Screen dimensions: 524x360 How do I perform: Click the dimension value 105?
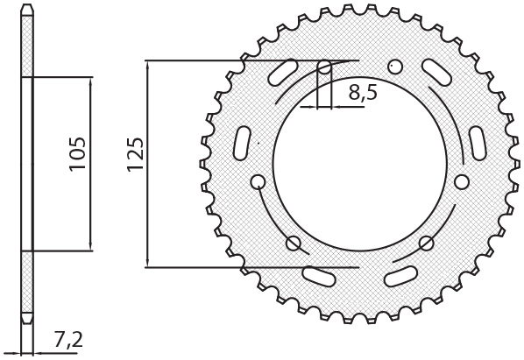(77, 153)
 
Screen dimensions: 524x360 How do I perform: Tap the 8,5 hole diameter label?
(363, 93)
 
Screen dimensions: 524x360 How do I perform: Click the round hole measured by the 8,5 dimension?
(324, 67)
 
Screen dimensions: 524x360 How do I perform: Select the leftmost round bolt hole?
(258, 182)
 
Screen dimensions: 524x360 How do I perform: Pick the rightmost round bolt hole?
(462, 181)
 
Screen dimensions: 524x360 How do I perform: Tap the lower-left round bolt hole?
(293, 243)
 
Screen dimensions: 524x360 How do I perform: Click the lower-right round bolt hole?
(427, 243)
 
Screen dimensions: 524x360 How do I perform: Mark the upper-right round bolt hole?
(395, 67)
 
